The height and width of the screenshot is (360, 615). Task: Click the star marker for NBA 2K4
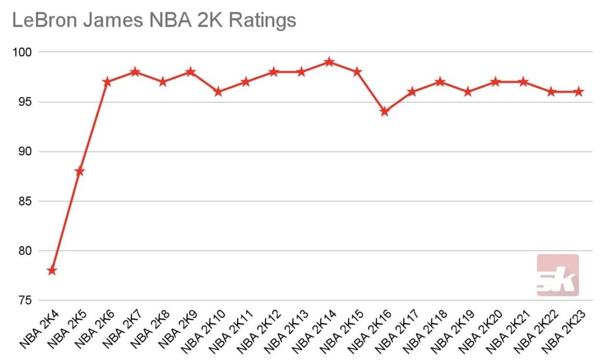[x=52, y=271]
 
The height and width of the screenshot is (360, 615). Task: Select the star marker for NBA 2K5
[x=79, y=171]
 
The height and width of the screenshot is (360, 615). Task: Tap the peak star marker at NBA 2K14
[x=330, y=62]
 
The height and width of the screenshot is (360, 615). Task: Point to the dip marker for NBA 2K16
[x=385, y=111]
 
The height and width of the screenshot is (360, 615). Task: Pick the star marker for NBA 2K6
[x=107, y=82]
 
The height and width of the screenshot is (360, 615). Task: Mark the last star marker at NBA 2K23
[x=579, y=92]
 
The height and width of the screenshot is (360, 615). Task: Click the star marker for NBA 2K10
[x=218, y=92]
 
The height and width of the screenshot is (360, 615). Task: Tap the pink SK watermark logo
[x=557, y=275]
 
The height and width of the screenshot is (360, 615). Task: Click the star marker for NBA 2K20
[x=496, y=82]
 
